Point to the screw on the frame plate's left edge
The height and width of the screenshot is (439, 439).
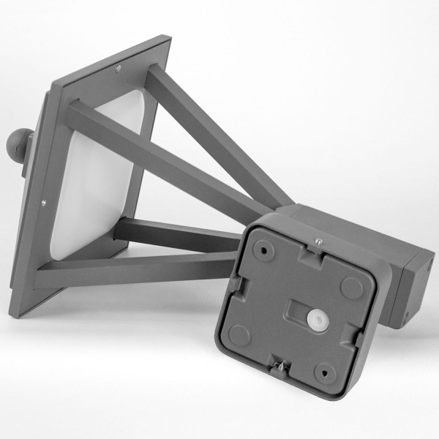[45, 204]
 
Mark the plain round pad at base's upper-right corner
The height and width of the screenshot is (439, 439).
[351, 288]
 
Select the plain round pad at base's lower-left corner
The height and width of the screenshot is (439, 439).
[238, 335]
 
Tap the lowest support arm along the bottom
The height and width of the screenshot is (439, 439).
[139, 271]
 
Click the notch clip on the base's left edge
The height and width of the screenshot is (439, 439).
[233, 282]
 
